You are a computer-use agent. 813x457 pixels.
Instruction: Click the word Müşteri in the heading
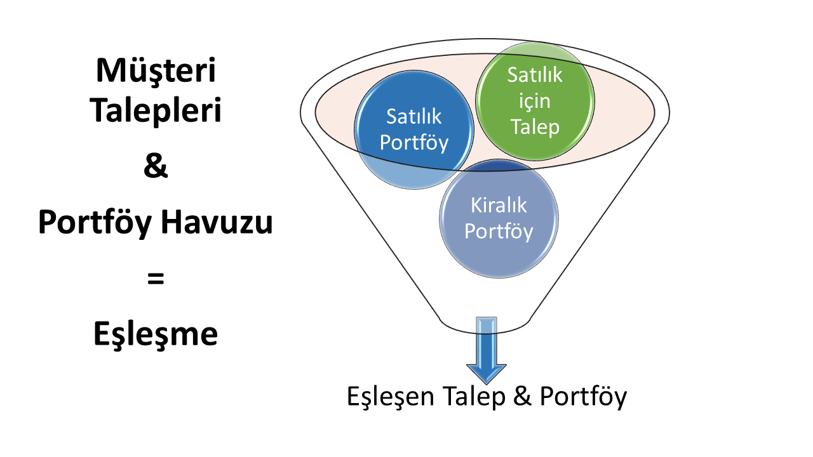156,70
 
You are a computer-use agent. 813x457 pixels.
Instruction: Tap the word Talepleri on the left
156,110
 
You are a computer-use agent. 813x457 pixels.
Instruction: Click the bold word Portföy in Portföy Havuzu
95,222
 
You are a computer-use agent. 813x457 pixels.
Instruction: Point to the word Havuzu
217,222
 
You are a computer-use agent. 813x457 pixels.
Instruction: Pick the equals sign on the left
156,279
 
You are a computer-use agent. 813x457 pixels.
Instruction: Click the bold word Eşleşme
156,334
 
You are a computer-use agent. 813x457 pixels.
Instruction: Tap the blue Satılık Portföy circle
414,129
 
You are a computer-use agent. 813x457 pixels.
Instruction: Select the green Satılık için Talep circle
535,101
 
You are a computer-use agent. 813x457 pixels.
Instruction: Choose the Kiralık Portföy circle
499,219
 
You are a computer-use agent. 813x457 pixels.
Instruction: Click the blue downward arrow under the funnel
487,350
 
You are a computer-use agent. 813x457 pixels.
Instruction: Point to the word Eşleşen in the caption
391,397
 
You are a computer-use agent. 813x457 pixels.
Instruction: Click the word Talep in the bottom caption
474,396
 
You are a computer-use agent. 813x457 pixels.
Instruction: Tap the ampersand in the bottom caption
523,395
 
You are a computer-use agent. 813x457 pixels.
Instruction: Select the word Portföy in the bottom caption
583,397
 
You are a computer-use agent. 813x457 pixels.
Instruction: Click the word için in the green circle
535,100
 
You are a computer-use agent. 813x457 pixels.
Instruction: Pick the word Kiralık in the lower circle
499,205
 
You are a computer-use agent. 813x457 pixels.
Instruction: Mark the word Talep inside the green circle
535,128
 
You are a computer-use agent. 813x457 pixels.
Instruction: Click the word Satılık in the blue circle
413,116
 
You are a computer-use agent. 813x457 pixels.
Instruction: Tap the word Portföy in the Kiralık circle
499,232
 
